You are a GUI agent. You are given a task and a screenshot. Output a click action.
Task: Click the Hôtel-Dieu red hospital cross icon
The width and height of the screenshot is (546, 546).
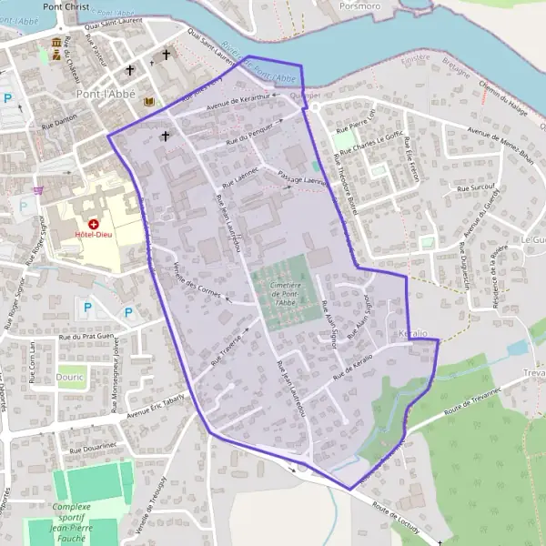(94, 223)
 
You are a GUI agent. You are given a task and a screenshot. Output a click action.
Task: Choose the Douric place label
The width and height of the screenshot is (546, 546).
(68, 376)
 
